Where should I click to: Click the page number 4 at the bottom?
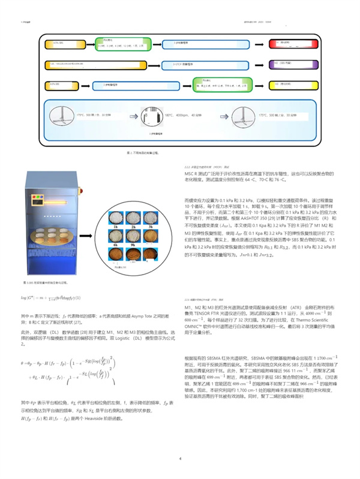point(180,459)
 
